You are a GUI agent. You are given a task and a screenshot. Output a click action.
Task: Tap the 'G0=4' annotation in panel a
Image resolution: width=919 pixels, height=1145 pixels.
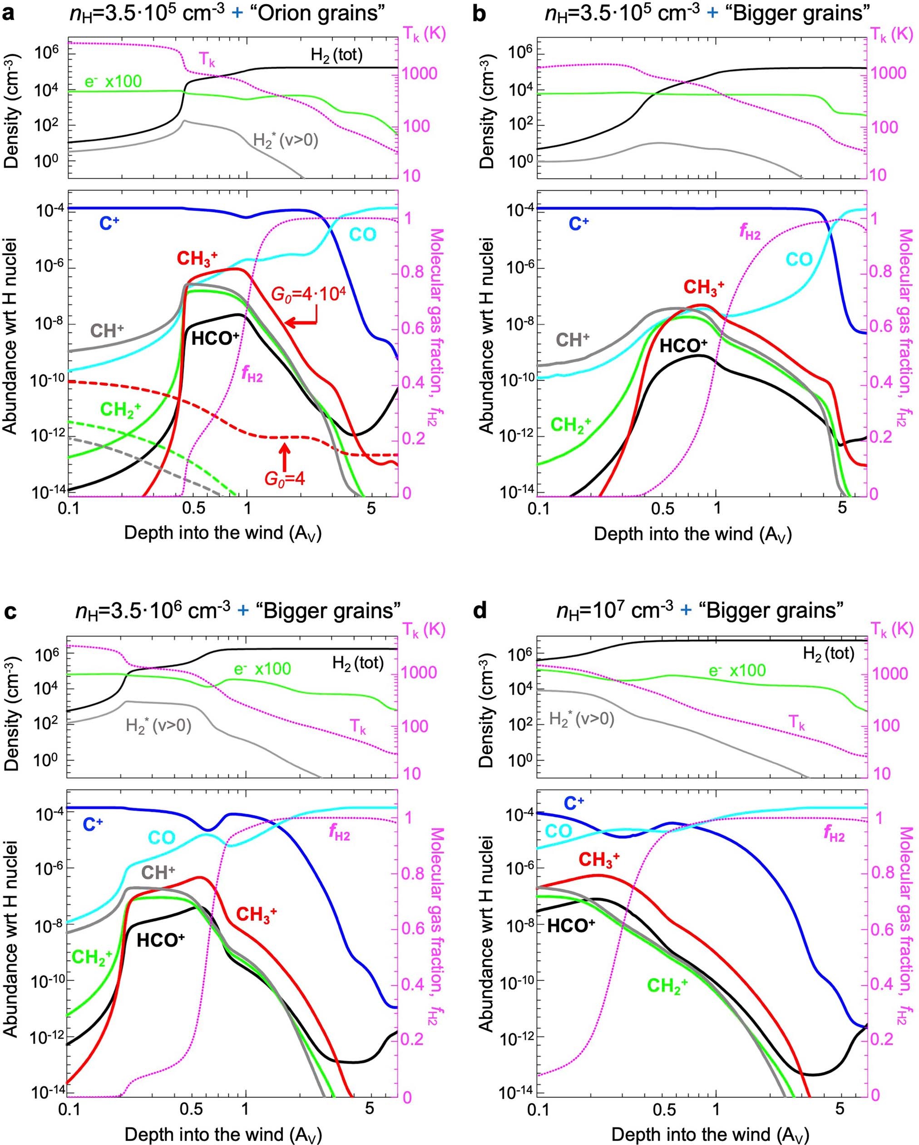(285, 479)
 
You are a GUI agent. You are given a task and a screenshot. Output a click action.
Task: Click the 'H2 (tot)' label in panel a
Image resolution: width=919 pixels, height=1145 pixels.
(336, 54)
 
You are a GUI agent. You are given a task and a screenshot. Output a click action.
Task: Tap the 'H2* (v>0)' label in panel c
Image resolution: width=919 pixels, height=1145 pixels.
(158, 725)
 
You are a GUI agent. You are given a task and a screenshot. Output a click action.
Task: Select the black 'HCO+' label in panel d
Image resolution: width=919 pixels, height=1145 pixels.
(571, 926)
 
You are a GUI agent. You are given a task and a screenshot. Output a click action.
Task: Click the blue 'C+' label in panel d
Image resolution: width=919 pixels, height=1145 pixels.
(573, 803)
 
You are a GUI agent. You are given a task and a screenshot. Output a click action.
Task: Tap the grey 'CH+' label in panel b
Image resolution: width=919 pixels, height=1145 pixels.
(572, 340)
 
